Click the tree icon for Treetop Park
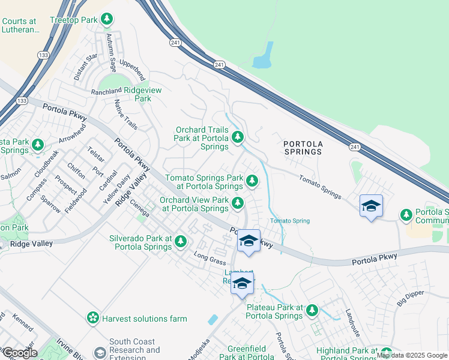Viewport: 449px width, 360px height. tap(107, 20)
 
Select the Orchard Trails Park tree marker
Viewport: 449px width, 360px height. tap(238, 138)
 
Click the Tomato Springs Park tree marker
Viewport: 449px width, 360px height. tap(253, 180)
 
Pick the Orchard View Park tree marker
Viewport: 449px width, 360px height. tap(238, 204)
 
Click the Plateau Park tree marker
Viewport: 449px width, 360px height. tap(312, 311)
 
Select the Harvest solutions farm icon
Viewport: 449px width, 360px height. tap(92, 317)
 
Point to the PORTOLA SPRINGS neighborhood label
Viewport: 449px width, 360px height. tap(303, 148)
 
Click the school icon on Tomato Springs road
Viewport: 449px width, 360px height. tap(371, 206)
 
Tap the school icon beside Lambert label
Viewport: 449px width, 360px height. tap(243, 283)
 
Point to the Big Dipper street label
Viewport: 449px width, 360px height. tap(411, 298)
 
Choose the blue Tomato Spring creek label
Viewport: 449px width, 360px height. tap(289, 221)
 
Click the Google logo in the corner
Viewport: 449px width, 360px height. tap(20, 353)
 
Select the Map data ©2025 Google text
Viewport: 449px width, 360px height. tap(412, 356)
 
